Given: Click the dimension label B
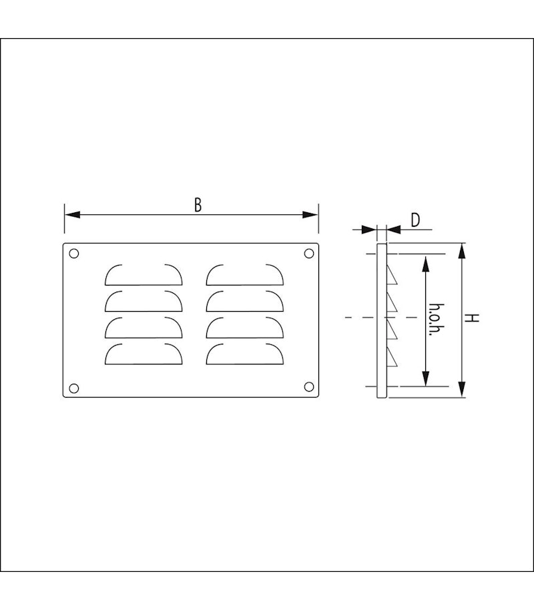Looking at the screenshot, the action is [x=198, y=205].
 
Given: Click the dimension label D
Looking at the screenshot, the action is [x=415, y=220].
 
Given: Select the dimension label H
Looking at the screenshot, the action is [x=472, y=318].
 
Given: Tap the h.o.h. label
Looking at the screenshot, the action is [x=437, y=320].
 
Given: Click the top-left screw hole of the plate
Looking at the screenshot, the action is [x=74, y=254].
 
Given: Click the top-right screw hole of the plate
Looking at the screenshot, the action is [x=309, y=254].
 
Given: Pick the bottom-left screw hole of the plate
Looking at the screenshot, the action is [x=74, y=388].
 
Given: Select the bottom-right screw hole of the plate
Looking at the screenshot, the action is [x=309, y=386].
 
